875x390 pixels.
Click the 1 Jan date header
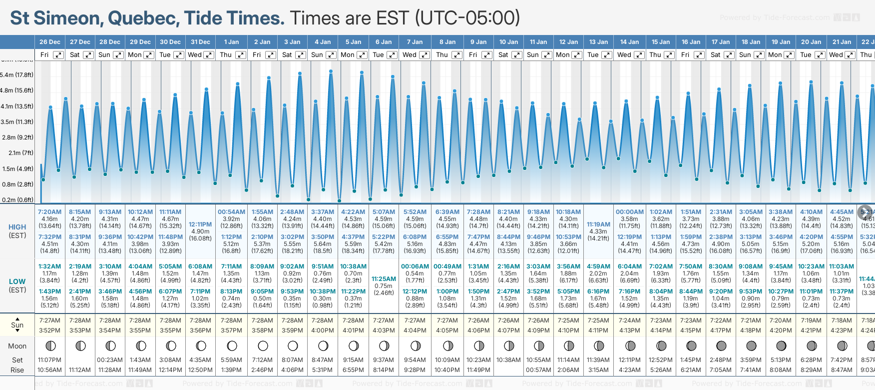coord(231,42)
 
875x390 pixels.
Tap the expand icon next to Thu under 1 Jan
coord(241,55)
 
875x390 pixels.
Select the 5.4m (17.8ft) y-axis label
coord(17,75)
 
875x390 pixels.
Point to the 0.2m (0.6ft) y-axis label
coord(17,200)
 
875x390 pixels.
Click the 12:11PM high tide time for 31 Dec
coord(200,224)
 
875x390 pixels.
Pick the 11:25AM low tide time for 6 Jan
coord(384,279)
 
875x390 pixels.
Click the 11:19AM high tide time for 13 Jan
coord(598,224)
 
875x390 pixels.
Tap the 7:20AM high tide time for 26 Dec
coord(49,212)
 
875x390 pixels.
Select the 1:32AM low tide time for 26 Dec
coord(49,266)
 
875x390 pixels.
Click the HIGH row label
coord(17,227)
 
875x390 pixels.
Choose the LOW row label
coord(17,281)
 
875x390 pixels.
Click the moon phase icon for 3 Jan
coord(293,345)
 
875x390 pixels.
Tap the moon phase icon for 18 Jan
coord(751,345)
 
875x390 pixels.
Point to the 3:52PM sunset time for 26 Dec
coord(49,330)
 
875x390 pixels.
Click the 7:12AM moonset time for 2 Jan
coord(262,360)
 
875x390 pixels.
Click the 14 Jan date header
coord(629,42)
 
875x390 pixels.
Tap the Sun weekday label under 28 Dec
coord(104,55)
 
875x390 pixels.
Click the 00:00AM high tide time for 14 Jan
coord(629,212)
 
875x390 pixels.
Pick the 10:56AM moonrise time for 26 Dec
coord(49,370)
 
